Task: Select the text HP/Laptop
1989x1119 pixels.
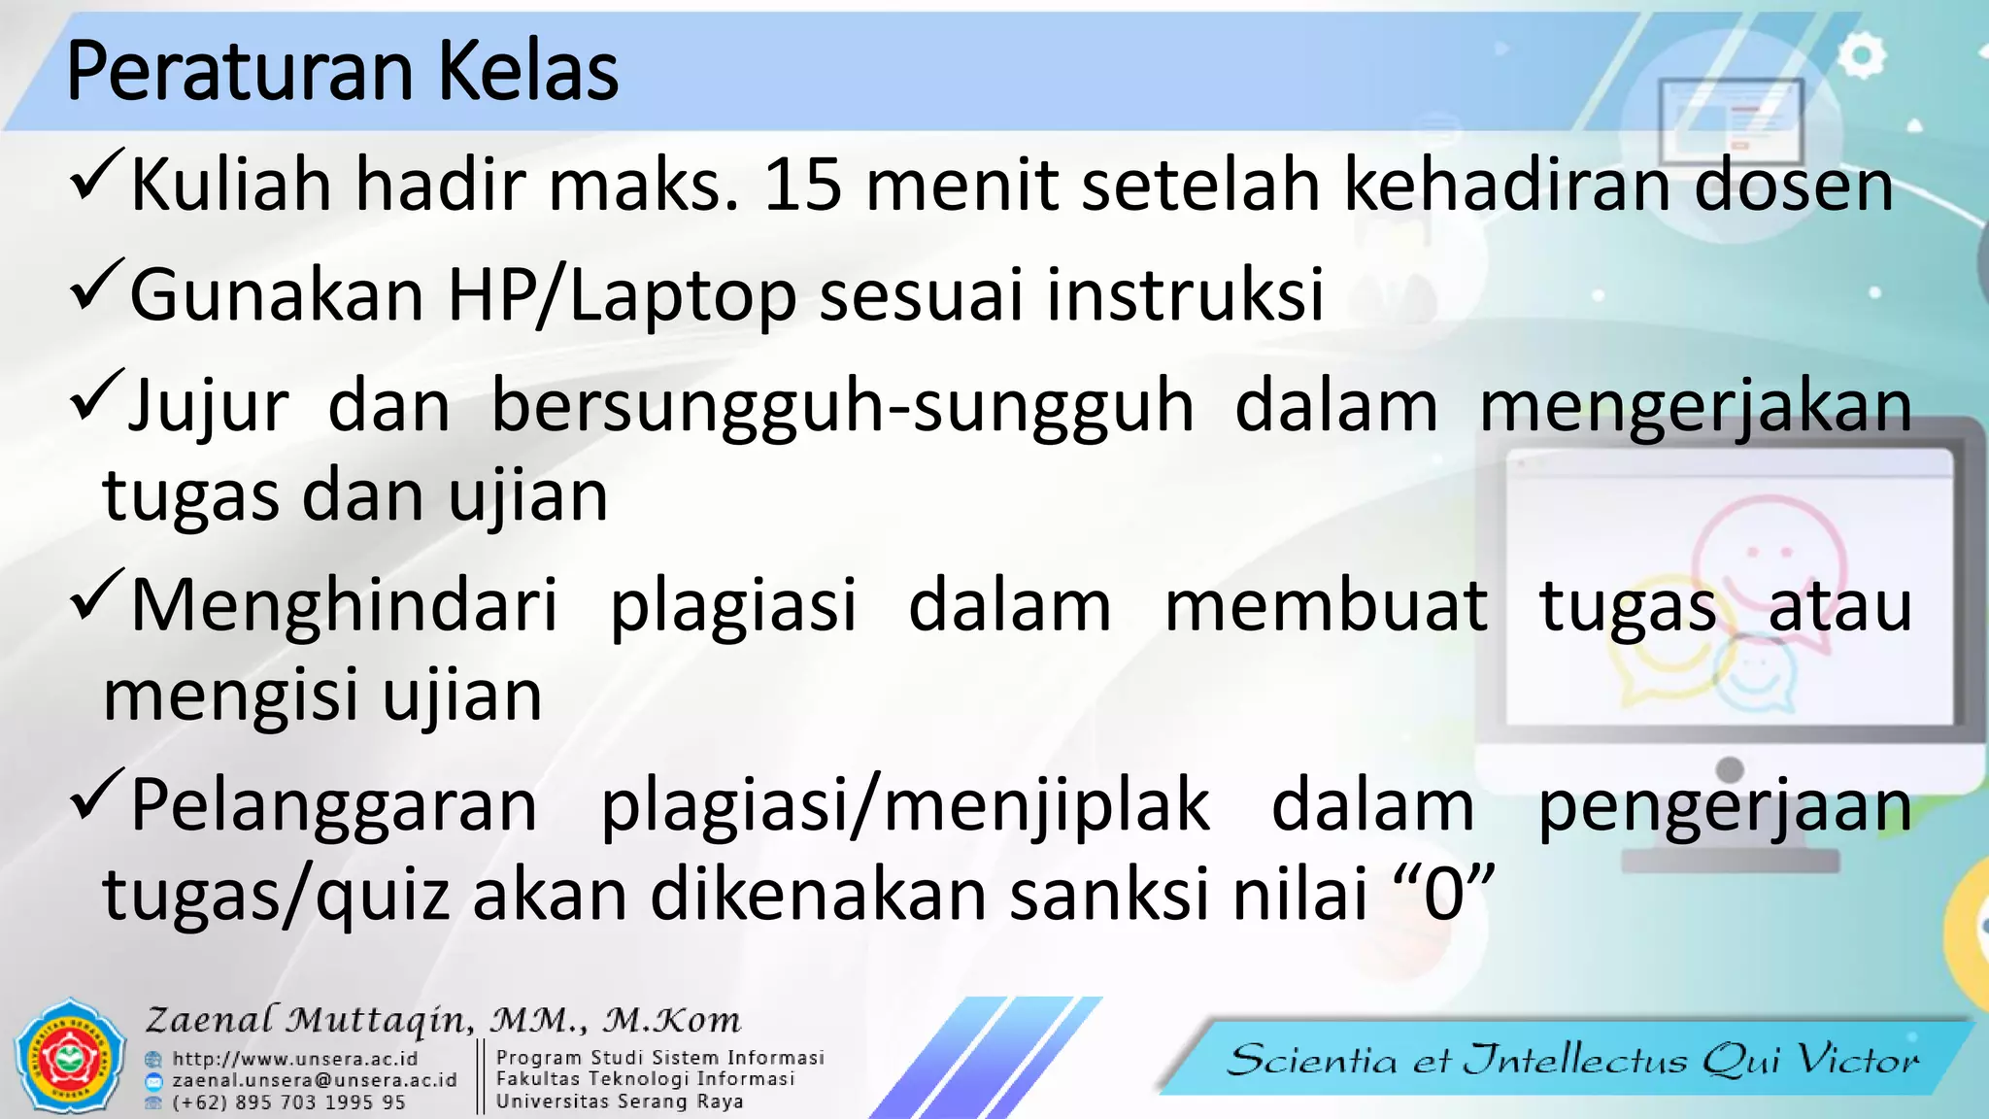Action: (622, 295)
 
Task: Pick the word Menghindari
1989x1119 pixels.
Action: (345, 606)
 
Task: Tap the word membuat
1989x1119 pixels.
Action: (1326, 606)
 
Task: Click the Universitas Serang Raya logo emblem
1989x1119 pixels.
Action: (70, 1056)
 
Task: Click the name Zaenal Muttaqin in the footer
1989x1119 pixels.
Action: (311, 1020)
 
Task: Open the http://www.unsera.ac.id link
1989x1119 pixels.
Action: (295, 1059)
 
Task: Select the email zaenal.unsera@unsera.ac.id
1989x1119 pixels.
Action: (315, 1080)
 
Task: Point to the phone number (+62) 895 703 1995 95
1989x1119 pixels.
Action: (288, 1102)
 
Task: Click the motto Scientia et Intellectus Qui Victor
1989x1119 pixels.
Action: (1573, 1060)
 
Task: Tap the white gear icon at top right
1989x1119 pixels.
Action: (1861, 56)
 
